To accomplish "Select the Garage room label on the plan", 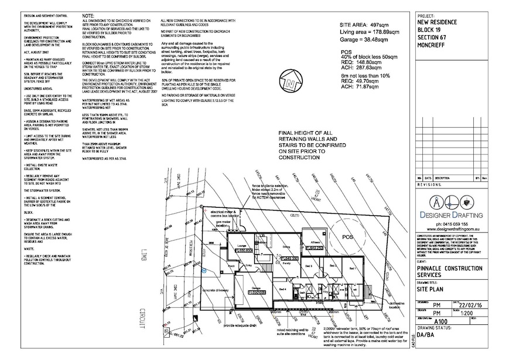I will click(x=256, y=288).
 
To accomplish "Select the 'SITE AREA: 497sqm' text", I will click(x=365, y=26).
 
